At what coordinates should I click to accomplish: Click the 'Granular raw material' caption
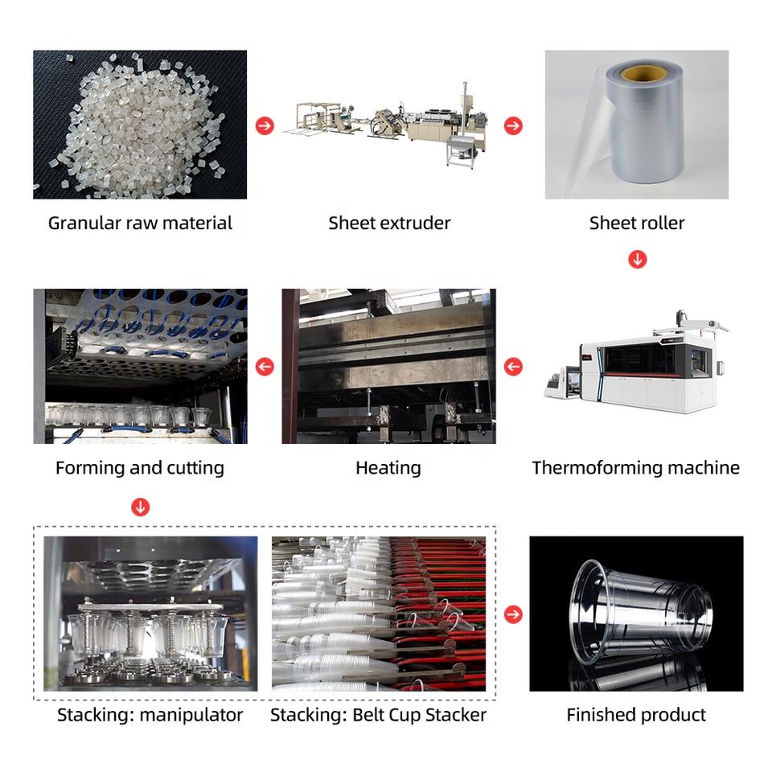(x=140, y=223)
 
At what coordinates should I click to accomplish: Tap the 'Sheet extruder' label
(x=389, y=223)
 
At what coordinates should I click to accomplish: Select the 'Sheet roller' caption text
(x=637, y=223)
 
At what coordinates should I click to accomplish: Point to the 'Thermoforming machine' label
(x=635, y=467)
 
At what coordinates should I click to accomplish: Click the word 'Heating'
(x=388, y=467)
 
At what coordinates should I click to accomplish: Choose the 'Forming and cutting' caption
(x=140, y=467)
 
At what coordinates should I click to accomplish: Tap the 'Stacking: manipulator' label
(x=150, y=714)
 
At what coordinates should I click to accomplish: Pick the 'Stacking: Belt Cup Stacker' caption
(x=378, y=714)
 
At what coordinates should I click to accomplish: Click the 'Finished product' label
(x=636, y=714)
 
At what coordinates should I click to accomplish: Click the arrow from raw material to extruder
(x=265, y=125)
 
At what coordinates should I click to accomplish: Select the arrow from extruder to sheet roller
(x=513, y=125)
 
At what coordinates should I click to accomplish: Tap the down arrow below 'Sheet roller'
(x=637, y=259)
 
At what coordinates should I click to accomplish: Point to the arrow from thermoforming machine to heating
(x=513, y=367)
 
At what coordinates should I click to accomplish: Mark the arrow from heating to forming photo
(x=265, y=367)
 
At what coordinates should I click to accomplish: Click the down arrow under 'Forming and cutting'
(x=141, y=507)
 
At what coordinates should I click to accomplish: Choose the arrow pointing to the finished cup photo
(x=513, y=614)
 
